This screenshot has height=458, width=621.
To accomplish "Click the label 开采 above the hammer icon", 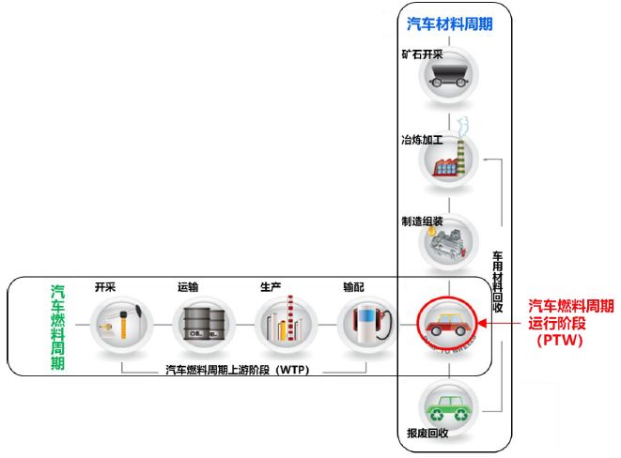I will pos(104,287).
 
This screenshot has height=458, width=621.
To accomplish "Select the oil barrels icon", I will pos(202,325).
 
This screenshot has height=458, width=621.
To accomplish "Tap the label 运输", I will pos(188,287).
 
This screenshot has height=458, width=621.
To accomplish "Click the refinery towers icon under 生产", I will pos(284,325).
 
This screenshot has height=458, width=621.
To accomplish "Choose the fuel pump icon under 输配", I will pos(367,325).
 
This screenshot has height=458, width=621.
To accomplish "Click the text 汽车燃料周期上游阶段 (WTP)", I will pos(237,369).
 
